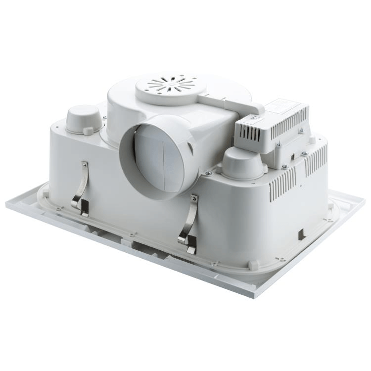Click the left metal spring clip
(x=81, y=190)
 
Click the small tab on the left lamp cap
(x=88, y=131)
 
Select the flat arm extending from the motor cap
(x=232, y=101)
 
